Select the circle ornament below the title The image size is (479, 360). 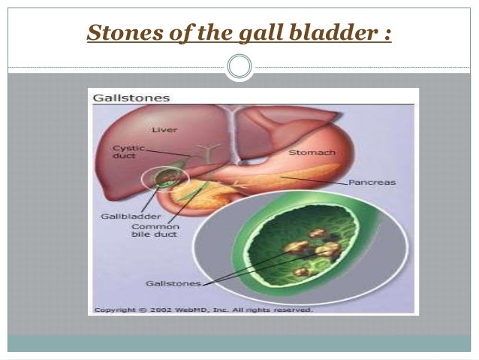(239, 68)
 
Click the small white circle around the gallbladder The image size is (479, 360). (161, 178)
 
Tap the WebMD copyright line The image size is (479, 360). (203, 309)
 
